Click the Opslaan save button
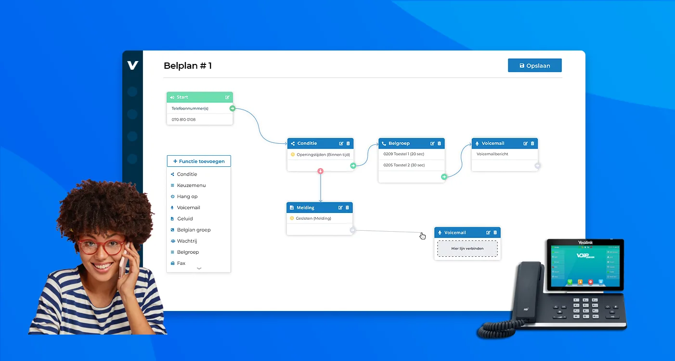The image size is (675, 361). click(x=534, y=65)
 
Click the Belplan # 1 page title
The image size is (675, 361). click(x=188, y=66)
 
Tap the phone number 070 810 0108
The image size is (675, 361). click(x=183, y=119)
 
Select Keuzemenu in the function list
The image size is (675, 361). click(x=191, y=185)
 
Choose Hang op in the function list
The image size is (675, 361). click(x=187, y=196)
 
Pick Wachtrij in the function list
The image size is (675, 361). click(x=187, y=241)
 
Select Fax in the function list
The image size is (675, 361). click(x=181, y=263)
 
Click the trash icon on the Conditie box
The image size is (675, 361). click(x=348, y=143)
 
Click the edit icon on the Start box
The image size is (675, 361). click(x=227, y=97)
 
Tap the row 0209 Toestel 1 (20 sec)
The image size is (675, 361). click(x=403, y=154)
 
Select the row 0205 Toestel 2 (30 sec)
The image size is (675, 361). click(x=404, y=165)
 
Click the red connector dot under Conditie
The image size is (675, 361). click(x=320, y=171)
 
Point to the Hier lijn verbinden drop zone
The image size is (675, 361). click(x=467, y=249)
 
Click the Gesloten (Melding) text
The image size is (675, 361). click(x=313, y=218)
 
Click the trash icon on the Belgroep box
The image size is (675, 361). click(x=439, y=143)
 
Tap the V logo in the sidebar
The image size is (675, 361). click(x=132, y=65)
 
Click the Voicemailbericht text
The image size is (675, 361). click(x=492, y=154)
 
